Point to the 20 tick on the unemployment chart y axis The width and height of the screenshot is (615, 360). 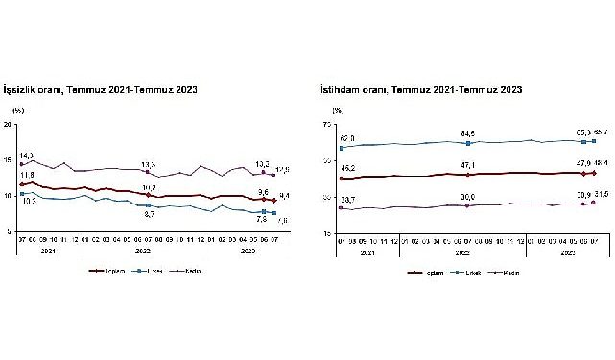coord(8,125)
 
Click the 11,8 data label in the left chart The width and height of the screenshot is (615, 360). coord(27,175)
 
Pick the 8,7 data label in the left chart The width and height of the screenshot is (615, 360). coord(149,214)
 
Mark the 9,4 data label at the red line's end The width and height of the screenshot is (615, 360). coord(284,196)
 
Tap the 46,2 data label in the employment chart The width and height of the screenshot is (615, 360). coord(346,168)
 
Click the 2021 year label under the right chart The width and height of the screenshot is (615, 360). coord(367,252)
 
